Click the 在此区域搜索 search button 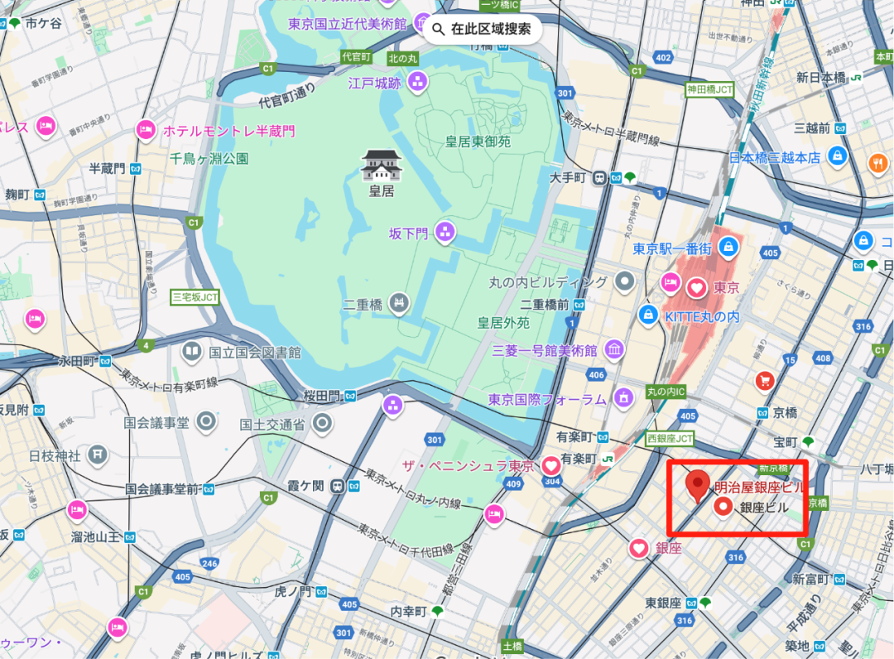click(483, 30)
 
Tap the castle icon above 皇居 click(381, 166)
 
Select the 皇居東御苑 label click(478, 142)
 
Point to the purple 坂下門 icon click(445, 233)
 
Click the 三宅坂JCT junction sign click(195, 296)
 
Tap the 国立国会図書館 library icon click(192, 352)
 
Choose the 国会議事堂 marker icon click(205, 422)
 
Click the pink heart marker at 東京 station click(697, 288)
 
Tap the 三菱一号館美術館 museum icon click(613, 351)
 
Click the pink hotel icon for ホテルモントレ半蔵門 click(147, 131)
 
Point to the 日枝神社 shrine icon click(99, 455)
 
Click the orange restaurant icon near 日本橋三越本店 click(878, 164)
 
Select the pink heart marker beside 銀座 click(638, 548)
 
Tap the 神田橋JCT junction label click(709, 89)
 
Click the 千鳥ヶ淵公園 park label click(209, 158)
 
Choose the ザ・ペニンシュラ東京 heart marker click(551, 466)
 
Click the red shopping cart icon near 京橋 click(764, 381)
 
